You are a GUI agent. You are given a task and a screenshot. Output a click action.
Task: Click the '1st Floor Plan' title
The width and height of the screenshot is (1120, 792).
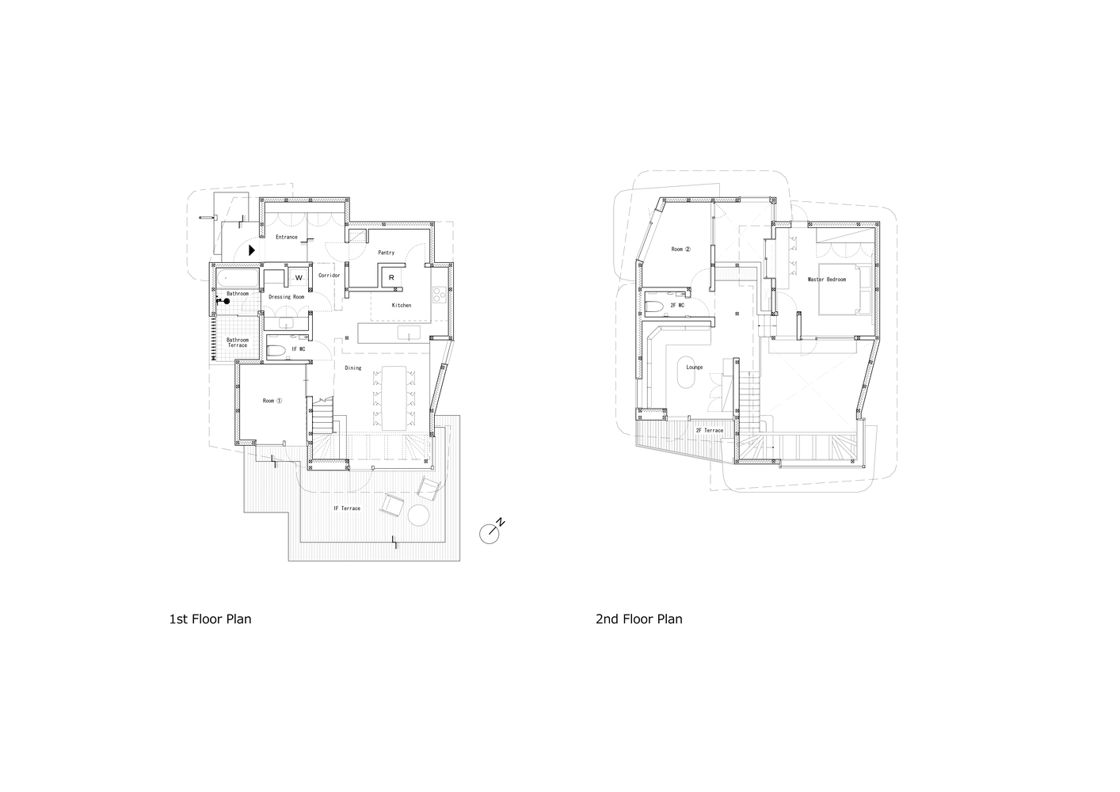coord(210,619)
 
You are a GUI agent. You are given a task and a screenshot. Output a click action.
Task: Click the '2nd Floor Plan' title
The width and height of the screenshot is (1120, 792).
coord(638,619)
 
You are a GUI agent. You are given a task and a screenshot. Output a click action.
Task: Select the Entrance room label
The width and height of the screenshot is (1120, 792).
coord(286,237)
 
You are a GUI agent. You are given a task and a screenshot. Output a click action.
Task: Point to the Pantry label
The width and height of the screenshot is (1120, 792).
coord(386,253)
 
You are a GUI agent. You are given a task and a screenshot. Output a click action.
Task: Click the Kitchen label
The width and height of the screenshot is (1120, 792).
coord(402,305)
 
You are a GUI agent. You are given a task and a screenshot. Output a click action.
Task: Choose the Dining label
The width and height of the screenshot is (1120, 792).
coord(352,367)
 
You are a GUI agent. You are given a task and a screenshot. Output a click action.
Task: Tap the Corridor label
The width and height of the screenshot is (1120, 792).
coord(329,275)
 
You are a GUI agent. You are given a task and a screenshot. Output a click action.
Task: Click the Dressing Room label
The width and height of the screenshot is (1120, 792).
coord(286,297)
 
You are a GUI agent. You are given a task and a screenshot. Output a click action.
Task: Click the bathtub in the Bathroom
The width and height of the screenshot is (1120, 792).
coord(237,278)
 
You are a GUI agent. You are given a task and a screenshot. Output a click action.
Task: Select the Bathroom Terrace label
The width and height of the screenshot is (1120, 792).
coord(238,342)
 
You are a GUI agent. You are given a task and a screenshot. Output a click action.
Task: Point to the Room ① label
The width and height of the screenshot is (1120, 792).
coord(272,401)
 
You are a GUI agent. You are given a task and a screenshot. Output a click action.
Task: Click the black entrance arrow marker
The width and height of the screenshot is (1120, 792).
coord(251,249)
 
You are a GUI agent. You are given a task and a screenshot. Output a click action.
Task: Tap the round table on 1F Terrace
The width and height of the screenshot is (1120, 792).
coord(418,516)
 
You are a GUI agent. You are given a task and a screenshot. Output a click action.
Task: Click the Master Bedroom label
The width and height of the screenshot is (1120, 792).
coord(826,280)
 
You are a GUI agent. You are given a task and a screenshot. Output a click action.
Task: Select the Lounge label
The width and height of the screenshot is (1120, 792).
coord(694,367)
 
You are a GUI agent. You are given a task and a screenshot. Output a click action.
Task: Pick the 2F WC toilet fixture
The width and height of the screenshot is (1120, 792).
coord(655,306)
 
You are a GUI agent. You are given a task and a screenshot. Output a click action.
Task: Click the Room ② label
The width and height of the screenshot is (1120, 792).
coord(680,249)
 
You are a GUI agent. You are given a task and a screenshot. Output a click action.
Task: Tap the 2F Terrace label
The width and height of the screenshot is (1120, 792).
coord(709,430)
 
